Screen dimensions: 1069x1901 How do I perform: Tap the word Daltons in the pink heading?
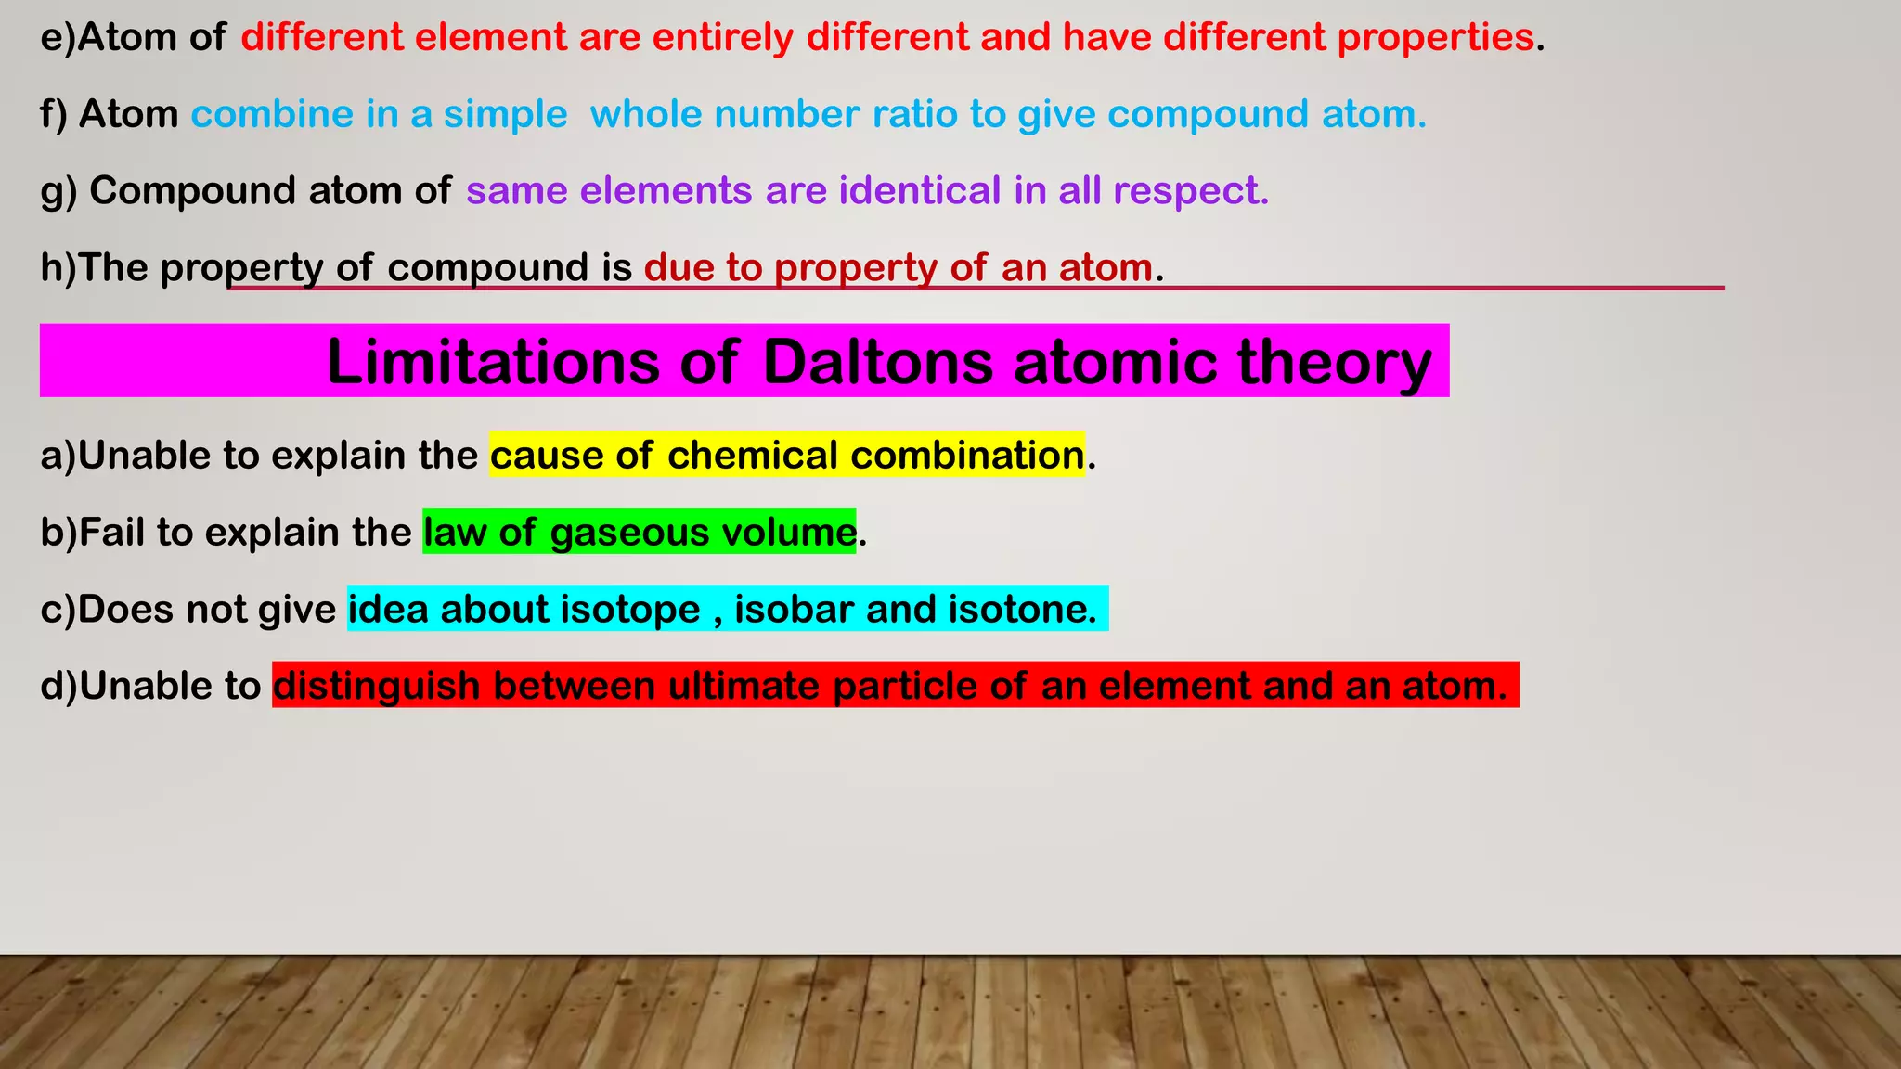(877, 361)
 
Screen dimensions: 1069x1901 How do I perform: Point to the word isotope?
(630, 610)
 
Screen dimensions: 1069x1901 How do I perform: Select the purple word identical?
(920, 191)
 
